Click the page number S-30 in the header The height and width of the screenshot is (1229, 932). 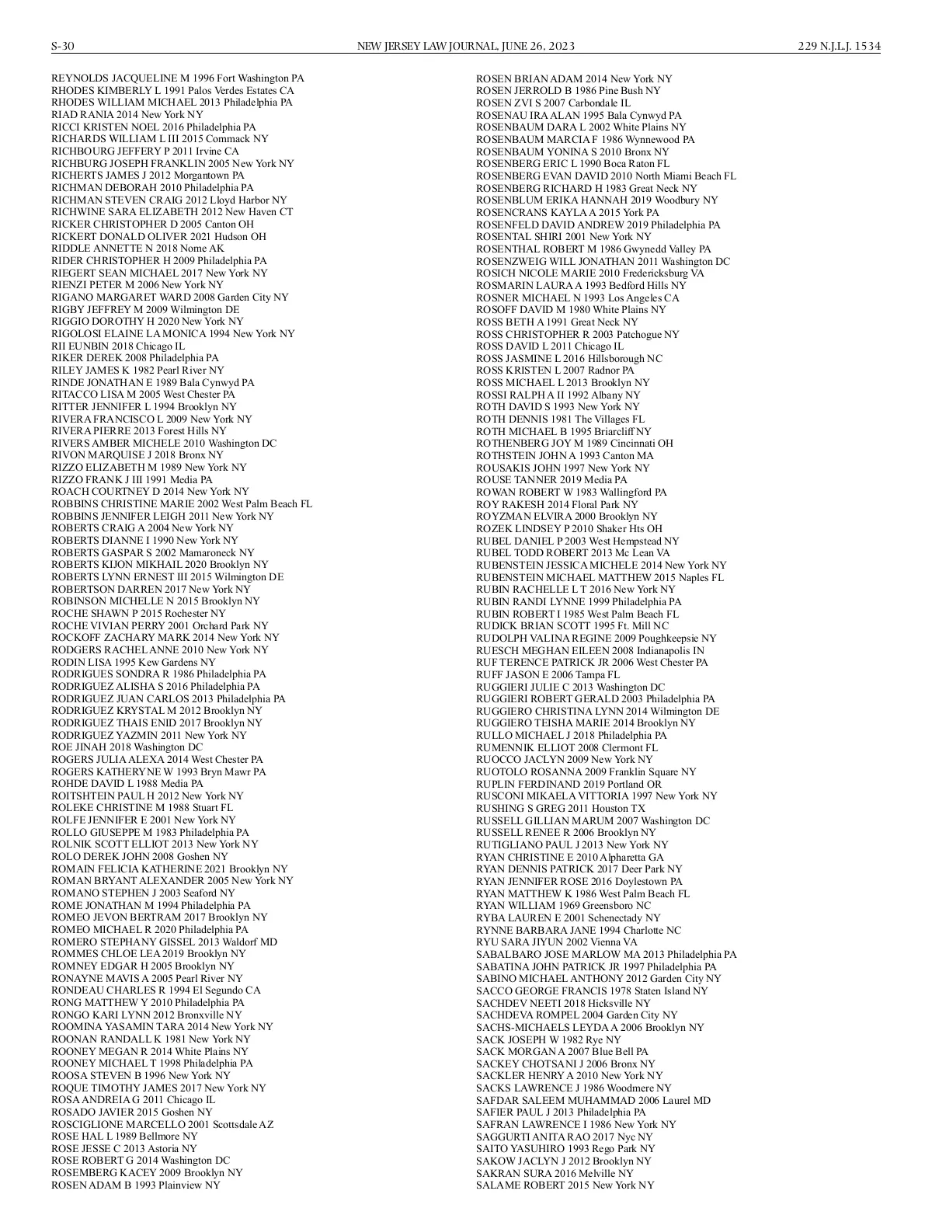coord(63,47)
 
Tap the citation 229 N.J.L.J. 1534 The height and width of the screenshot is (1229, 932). coord(839,47)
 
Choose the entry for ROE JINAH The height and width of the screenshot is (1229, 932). coord(127,747)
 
